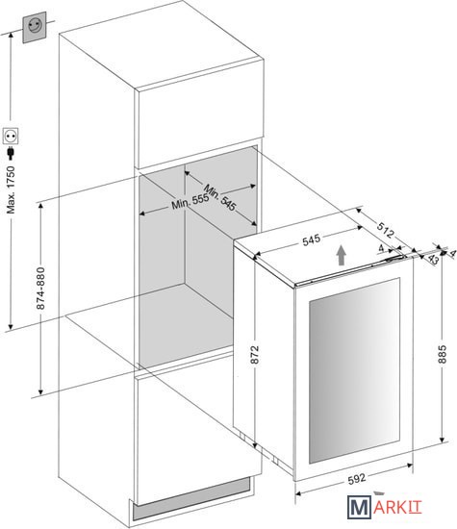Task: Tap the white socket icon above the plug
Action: click(x=11, y=137)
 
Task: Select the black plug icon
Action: click(x=11, y=153)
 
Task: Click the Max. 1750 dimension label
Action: click(x=12, y=189)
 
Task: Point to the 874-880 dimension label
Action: click(x=40, y=289)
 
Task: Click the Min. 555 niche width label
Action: click(x=190, y=201)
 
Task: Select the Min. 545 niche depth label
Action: click(x=219, y=197)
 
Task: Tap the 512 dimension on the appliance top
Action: click(x=385, y=230)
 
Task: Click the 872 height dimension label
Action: click(x=255, y=355)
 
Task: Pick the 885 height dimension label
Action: click(x=443, y=354)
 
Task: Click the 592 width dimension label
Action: click(x=356, y=479)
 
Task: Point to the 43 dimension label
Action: click(x=433, y=259)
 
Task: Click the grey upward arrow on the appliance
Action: click(x=342, y=255)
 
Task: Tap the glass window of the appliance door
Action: click(x=354, y=370)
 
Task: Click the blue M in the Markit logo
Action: click(x=359, y=507)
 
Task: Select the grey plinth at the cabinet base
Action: click(x=192, y=497)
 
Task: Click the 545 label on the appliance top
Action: click(x=311, y=239)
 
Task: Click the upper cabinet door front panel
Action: click(x=199, y=113)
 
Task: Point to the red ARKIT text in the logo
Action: click(x=397, y=508)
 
